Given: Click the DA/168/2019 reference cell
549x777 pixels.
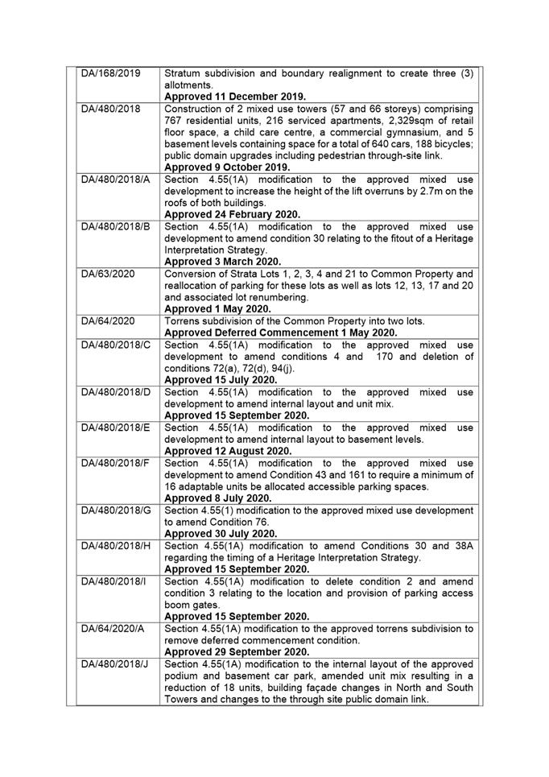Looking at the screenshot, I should [111, 73].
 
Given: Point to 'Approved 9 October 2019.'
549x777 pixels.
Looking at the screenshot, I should [227, 167].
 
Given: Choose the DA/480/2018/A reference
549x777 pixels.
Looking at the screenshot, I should [116, 179].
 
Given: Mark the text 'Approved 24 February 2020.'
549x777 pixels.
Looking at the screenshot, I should [233, 215].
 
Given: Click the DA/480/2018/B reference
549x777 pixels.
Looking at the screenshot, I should [116, 226].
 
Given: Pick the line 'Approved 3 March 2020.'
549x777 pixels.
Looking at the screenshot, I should [223, 262].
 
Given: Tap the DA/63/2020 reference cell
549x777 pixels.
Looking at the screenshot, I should [108, 274].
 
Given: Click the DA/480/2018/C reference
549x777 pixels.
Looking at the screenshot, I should [116, 345].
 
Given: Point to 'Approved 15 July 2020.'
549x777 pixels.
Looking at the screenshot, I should [221, 380].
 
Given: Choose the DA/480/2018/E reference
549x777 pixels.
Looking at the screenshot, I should [116, 428].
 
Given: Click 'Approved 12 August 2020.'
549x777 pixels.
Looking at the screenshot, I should [228, 451].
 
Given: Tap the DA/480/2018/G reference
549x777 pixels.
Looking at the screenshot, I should [117, 510].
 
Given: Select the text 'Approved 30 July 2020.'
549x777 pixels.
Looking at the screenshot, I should [221, 533].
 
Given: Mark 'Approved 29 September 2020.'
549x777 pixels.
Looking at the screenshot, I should [237, 651].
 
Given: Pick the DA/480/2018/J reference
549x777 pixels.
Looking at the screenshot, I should [115, 663].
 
